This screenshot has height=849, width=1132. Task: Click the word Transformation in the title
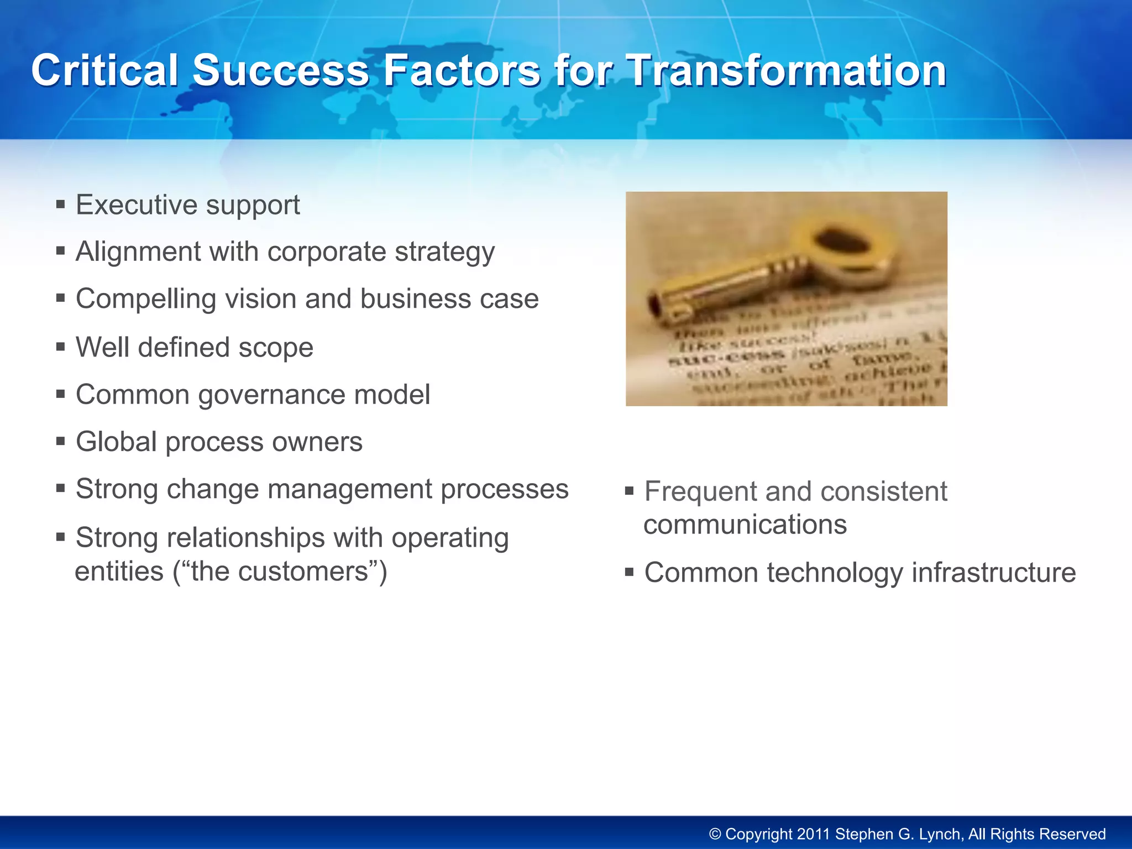tap(787, 71)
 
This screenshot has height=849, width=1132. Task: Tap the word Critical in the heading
tap(104, 71)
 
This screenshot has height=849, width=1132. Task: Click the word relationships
tap(231, 538)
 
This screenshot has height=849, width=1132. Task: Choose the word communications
tap(745, 525)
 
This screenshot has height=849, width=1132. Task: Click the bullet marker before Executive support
tap(61, 205)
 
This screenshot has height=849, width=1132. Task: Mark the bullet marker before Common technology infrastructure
tap(630, 572)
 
